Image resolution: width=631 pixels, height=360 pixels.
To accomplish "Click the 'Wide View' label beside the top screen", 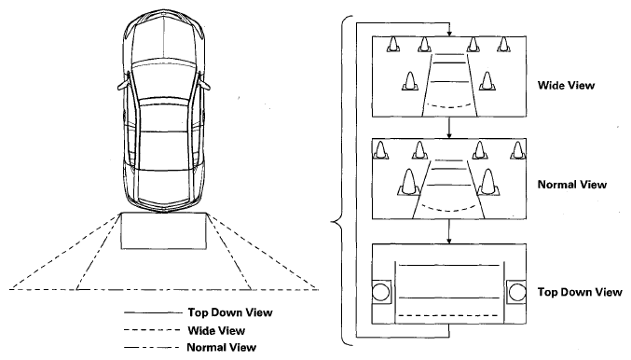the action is pos(566,86).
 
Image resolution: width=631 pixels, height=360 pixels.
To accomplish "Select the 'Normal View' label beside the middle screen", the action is pos(572,185).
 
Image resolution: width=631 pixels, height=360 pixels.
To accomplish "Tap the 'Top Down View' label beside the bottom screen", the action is pos(580,292).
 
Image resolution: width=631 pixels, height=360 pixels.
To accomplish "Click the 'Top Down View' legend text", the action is pos(230,312).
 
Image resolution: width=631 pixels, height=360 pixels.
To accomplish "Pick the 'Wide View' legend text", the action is pos(216,330).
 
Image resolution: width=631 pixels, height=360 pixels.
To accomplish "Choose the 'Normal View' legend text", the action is pos(221,347).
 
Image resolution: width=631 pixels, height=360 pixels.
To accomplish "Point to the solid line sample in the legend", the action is pos(153,312).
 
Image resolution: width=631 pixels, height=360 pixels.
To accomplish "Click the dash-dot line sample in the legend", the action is pos(152,347).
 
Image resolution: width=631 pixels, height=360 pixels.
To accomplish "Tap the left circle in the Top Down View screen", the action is pos(380,292).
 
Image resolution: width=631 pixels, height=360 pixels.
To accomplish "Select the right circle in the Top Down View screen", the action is pos(517,292).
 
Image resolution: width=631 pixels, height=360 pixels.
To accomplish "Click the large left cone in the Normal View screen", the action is pos(408,183).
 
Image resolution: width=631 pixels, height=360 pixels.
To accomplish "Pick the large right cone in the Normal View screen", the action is pos(487,183).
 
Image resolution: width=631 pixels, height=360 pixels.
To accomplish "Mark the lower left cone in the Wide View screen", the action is pos(410,81).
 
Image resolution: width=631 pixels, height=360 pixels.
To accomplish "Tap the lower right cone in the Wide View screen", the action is pos(487,81).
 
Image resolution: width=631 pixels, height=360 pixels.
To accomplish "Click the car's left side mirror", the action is pos(124,85).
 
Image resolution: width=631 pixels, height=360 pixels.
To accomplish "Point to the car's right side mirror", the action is pos(204,85).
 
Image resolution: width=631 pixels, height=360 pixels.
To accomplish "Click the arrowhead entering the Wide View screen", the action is pos(449,34).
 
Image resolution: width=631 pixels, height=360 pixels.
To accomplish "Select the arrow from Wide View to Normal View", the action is pos(449,128).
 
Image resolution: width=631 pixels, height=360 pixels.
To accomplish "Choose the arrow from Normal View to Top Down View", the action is pos(449,231).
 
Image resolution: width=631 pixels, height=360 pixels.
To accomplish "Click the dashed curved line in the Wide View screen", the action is pos(448,107).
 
